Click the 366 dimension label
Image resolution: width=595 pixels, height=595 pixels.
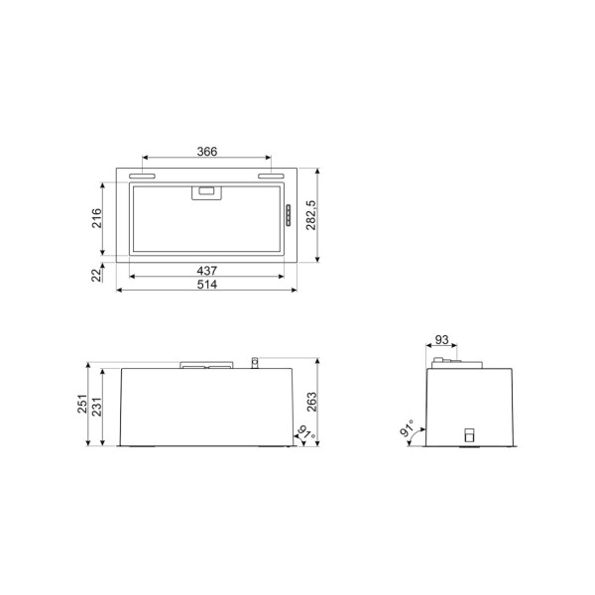click(206, 152)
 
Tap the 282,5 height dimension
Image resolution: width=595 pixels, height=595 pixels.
click(311, 216)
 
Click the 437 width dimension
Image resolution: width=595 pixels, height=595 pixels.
click(206, 271)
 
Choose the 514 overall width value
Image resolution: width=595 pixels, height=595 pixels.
click(206, 285)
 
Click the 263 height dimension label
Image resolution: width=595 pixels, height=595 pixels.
click(311, 401)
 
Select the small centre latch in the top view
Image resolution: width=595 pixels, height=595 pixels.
click(206, 191)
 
